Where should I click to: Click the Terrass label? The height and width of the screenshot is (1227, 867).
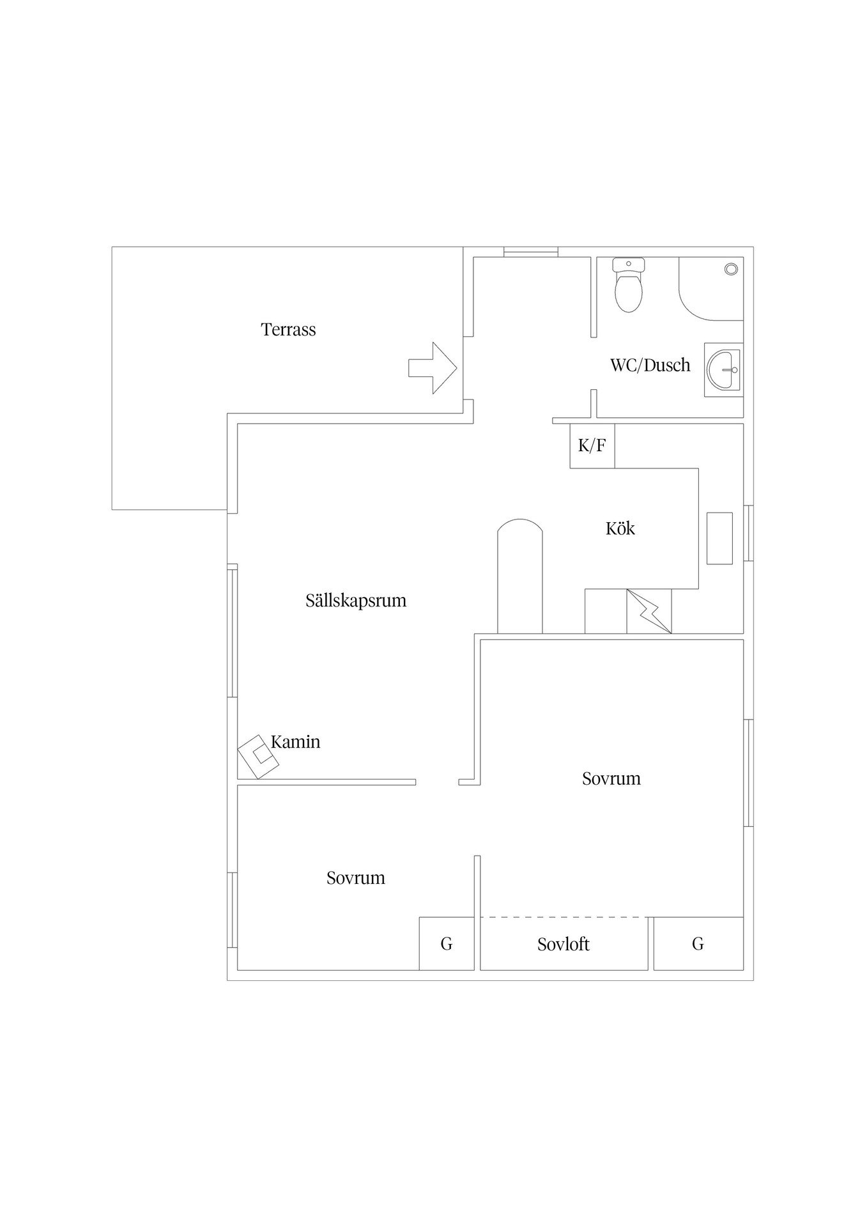coord(288,330)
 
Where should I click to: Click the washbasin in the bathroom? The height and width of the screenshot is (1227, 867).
coord(723,369)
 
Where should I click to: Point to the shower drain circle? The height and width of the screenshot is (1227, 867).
coord(731,269)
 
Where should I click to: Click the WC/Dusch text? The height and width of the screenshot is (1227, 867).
coord(650,366)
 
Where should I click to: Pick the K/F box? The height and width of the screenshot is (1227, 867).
coord(592,445)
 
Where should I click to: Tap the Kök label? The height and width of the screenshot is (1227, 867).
coord(620,529)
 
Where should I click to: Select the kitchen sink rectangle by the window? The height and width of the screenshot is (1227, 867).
coord(719,538)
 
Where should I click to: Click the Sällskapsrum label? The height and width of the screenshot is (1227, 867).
coord(356,601)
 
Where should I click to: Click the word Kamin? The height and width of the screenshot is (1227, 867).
coord(295,742)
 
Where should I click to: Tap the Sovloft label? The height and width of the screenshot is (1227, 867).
coord(563,945)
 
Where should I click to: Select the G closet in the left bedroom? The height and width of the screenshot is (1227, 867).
coord(447,944)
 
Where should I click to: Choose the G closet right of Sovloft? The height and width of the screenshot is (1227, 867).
coord(698,944)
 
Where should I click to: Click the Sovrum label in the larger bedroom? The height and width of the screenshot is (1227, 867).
coord(611,778)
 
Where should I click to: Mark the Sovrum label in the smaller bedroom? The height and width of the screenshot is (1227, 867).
coord(356,878)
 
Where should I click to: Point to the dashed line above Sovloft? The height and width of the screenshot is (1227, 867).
coord(564,918)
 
